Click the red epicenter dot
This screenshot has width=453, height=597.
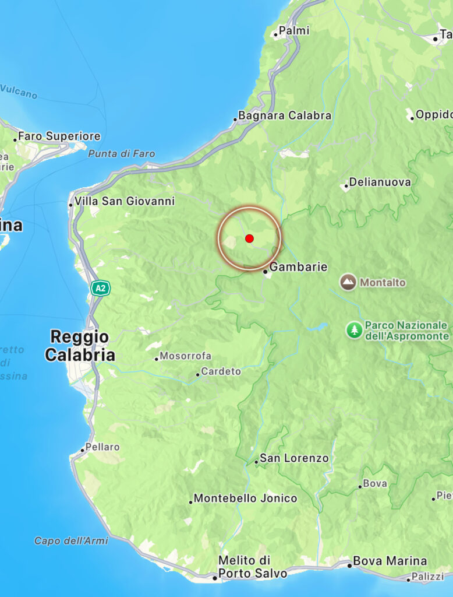[x=249, y=238]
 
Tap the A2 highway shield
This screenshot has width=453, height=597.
[x=100, y=287]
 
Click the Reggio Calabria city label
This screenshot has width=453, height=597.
[x=79, y=346]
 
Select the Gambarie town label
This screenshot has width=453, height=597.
[x=299, y=267]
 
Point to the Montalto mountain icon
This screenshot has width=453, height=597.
[x=348, y=283]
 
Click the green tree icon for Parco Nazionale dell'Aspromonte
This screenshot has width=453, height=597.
[x=353, y=330]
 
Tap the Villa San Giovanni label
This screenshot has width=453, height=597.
[x=125, y=201]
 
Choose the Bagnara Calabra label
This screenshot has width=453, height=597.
[x=285, y=115]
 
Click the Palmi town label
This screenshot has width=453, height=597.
[x=294, y=30]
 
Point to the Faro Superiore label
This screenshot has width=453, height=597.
[x=59, y=136]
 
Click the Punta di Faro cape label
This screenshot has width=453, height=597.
[x=122, y=154]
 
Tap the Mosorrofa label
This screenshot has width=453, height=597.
[x=185, y=356]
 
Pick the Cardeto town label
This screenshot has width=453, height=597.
[x=221, y=371]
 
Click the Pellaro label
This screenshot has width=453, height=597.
[x=102, y=447]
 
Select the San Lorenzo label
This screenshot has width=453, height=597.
[x=294, y=458]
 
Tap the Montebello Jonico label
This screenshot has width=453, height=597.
[x=245, y=498]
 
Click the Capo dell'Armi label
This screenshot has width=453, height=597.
[x=71, y=541]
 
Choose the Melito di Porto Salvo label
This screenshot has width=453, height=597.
[x=252, y=567]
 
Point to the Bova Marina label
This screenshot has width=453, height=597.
[x=390, y=561]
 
